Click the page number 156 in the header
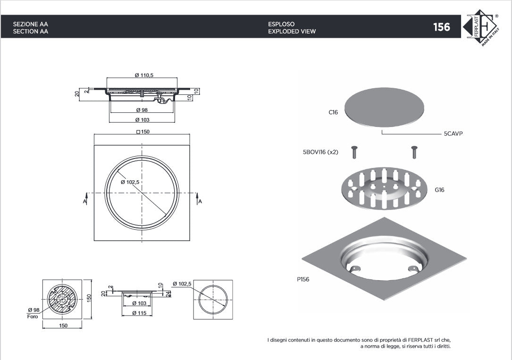tap(441, 27)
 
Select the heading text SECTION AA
tap(31, 32)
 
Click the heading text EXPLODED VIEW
tap(292, 32)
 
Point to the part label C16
tap(333, 113)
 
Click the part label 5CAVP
tap(453, 134)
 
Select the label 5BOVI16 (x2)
tap(320, 152)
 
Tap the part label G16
tap(439, 190)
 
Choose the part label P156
tap(303, 279)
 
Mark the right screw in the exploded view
tap(414, 152)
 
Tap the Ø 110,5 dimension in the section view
tap(144, 75)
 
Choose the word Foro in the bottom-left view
tap(33, 317)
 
